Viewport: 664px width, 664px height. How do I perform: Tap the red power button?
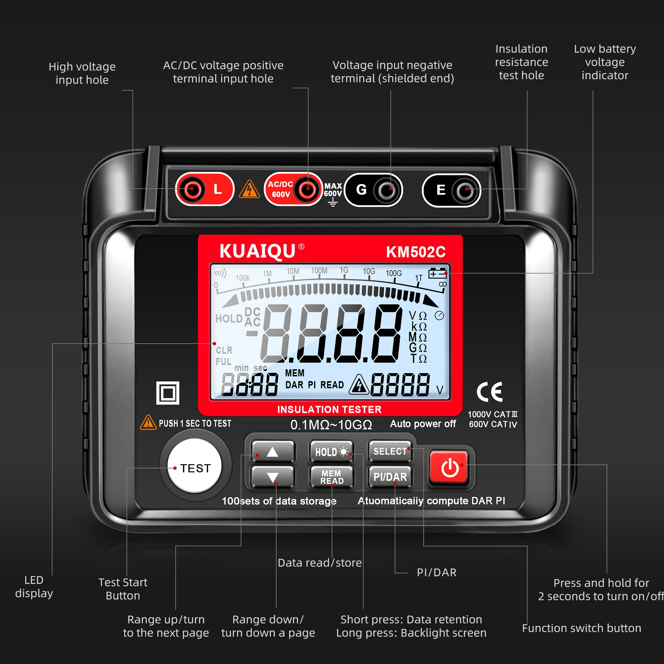point(449,468)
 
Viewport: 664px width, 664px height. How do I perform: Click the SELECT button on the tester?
point(390,451)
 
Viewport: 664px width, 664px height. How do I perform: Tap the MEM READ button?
point(332,477)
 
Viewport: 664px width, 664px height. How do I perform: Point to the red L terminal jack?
point(193,189)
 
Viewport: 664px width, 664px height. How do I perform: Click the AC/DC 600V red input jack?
point(307,189)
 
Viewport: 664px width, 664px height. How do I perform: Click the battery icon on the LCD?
point(438,274)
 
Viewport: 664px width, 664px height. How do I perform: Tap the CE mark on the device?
point(490,392)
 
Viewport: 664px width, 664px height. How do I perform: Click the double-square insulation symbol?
point(168,393)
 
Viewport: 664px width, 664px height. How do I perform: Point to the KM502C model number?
point(416,252)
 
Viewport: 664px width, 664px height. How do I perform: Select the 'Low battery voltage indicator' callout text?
point(605,62)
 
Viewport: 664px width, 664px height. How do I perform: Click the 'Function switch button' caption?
point(582,628)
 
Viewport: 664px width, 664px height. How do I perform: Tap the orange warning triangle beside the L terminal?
point(250,190)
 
